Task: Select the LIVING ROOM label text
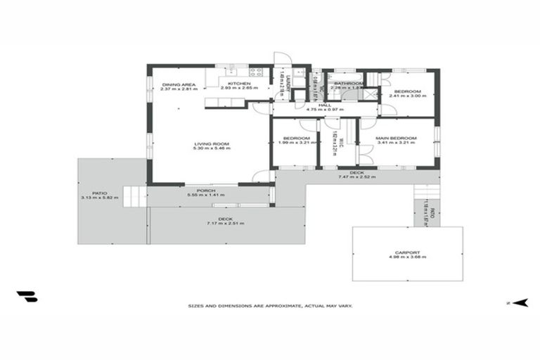click(x=212, y=144)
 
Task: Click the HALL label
click(x=324, y=105)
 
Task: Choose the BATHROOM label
click(x=349, y=84)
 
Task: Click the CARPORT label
click(x=408, y=252)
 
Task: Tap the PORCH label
click(x=206, y=191)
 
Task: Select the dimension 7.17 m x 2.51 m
click(x=225, y=223)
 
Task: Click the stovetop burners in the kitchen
click(x=257, y=71)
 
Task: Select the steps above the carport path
click(x=424, y=191)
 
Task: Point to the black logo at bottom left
click(x=27, y=297)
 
